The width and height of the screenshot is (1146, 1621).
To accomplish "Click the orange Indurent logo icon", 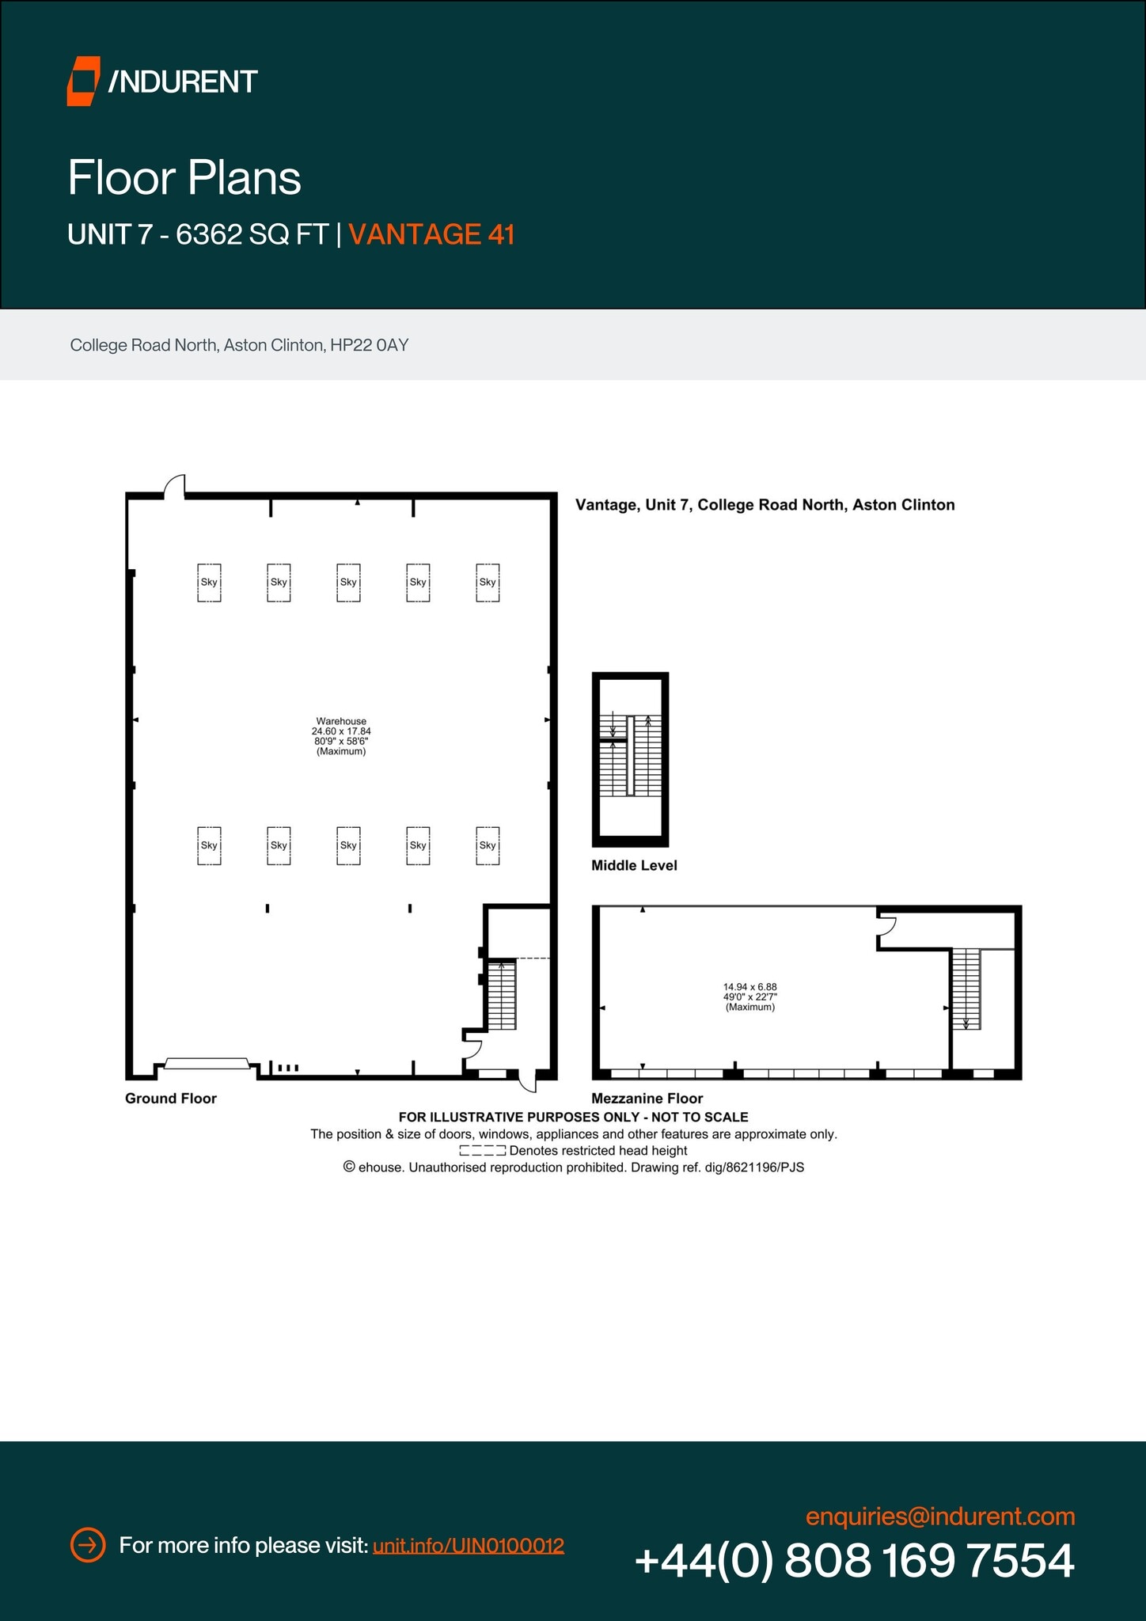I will pyautogui.click(x=83, y=81).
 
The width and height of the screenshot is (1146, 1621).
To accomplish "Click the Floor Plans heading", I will pyautogui.click(x=184, y=177).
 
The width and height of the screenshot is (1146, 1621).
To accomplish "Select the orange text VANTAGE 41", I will pyautogui.click(x=431, y=234).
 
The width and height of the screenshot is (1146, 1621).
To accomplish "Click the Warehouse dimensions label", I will pyautogui.click(x=341, y=736).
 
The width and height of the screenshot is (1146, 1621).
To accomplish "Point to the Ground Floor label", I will pyautogui.click(x=171, y=1098).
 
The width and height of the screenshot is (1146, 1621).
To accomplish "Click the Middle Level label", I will pyautogui.click(x=634, y=865).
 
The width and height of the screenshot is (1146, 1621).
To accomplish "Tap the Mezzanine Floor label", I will pyautogui.click(x=647, y=1098).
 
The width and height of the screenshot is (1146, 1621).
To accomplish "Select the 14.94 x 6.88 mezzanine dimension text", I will pyautogui.click(x=749, y=987).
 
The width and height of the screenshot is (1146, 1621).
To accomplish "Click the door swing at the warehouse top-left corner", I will pyautogui.click(x=175, y=486).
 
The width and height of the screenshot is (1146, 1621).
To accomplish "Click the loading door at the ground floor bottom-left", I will pyautogui.click(x=207, y=1063).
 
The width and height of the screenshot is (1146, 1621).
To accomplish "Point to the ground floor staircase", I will pyautogui.click(x=501, y=995).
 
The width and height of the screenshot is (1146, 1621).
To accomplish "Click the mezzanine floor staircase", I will pyautogui.click(x=966, y=989).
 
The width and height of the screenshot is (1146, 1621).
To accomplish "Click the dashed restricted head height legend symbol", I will pyautogui.click(x=482, y=1151).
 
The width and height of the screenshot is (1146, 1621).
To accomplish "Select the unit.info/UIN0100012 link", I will pyautogui.click(x=469, y=1545).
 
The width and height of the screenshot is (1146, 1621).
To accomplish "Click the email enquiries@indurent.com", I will pyautogui.click(x=940, y=1517).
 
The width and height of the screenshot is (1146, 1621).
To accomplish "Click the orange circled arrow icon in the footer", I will pyautogui.click(x=88, y=1544).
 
